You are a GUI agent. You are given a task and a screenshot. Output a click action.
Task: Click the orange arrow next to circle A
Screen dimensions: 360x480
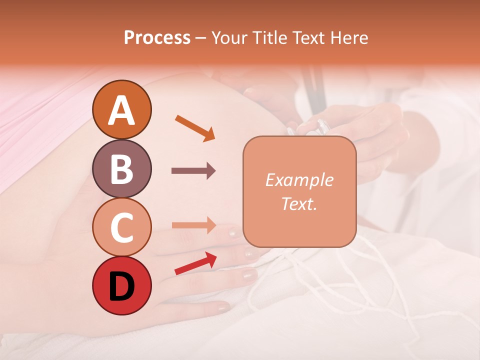tap(195, 128)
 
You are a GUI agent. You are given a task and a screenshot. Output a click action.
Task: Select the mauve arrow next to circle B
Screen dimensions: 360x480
tap(193, 171)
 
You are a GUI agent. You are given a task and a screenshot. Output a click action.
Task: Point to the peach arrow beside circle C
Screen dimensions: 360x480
tap(193, 225)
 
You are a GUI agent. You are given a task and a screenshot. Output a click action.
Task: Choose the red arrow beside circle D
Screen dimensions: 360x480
tap(195, 263)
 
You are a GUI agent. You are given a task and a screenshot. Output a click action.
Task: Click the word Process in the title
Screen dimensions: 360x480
tap(157, 38)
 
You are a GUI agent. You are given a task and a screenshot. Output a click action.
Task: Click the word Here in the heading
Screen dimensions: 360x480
tap(348, 38)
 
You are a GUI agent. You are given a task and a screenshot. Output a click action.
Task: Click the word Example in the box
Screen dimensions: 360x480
tap(299, 180)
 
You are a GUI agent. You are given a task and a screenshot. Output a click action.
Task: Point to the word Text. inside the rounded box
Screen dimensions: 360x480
tap(299, 203)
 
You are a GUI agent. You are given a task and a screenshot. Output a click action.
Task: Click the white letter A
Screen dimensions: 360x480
tap(121, 110)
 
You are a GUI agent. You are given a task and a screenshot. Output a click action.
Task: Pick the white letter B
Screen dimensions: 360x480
tap(121, 169)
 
